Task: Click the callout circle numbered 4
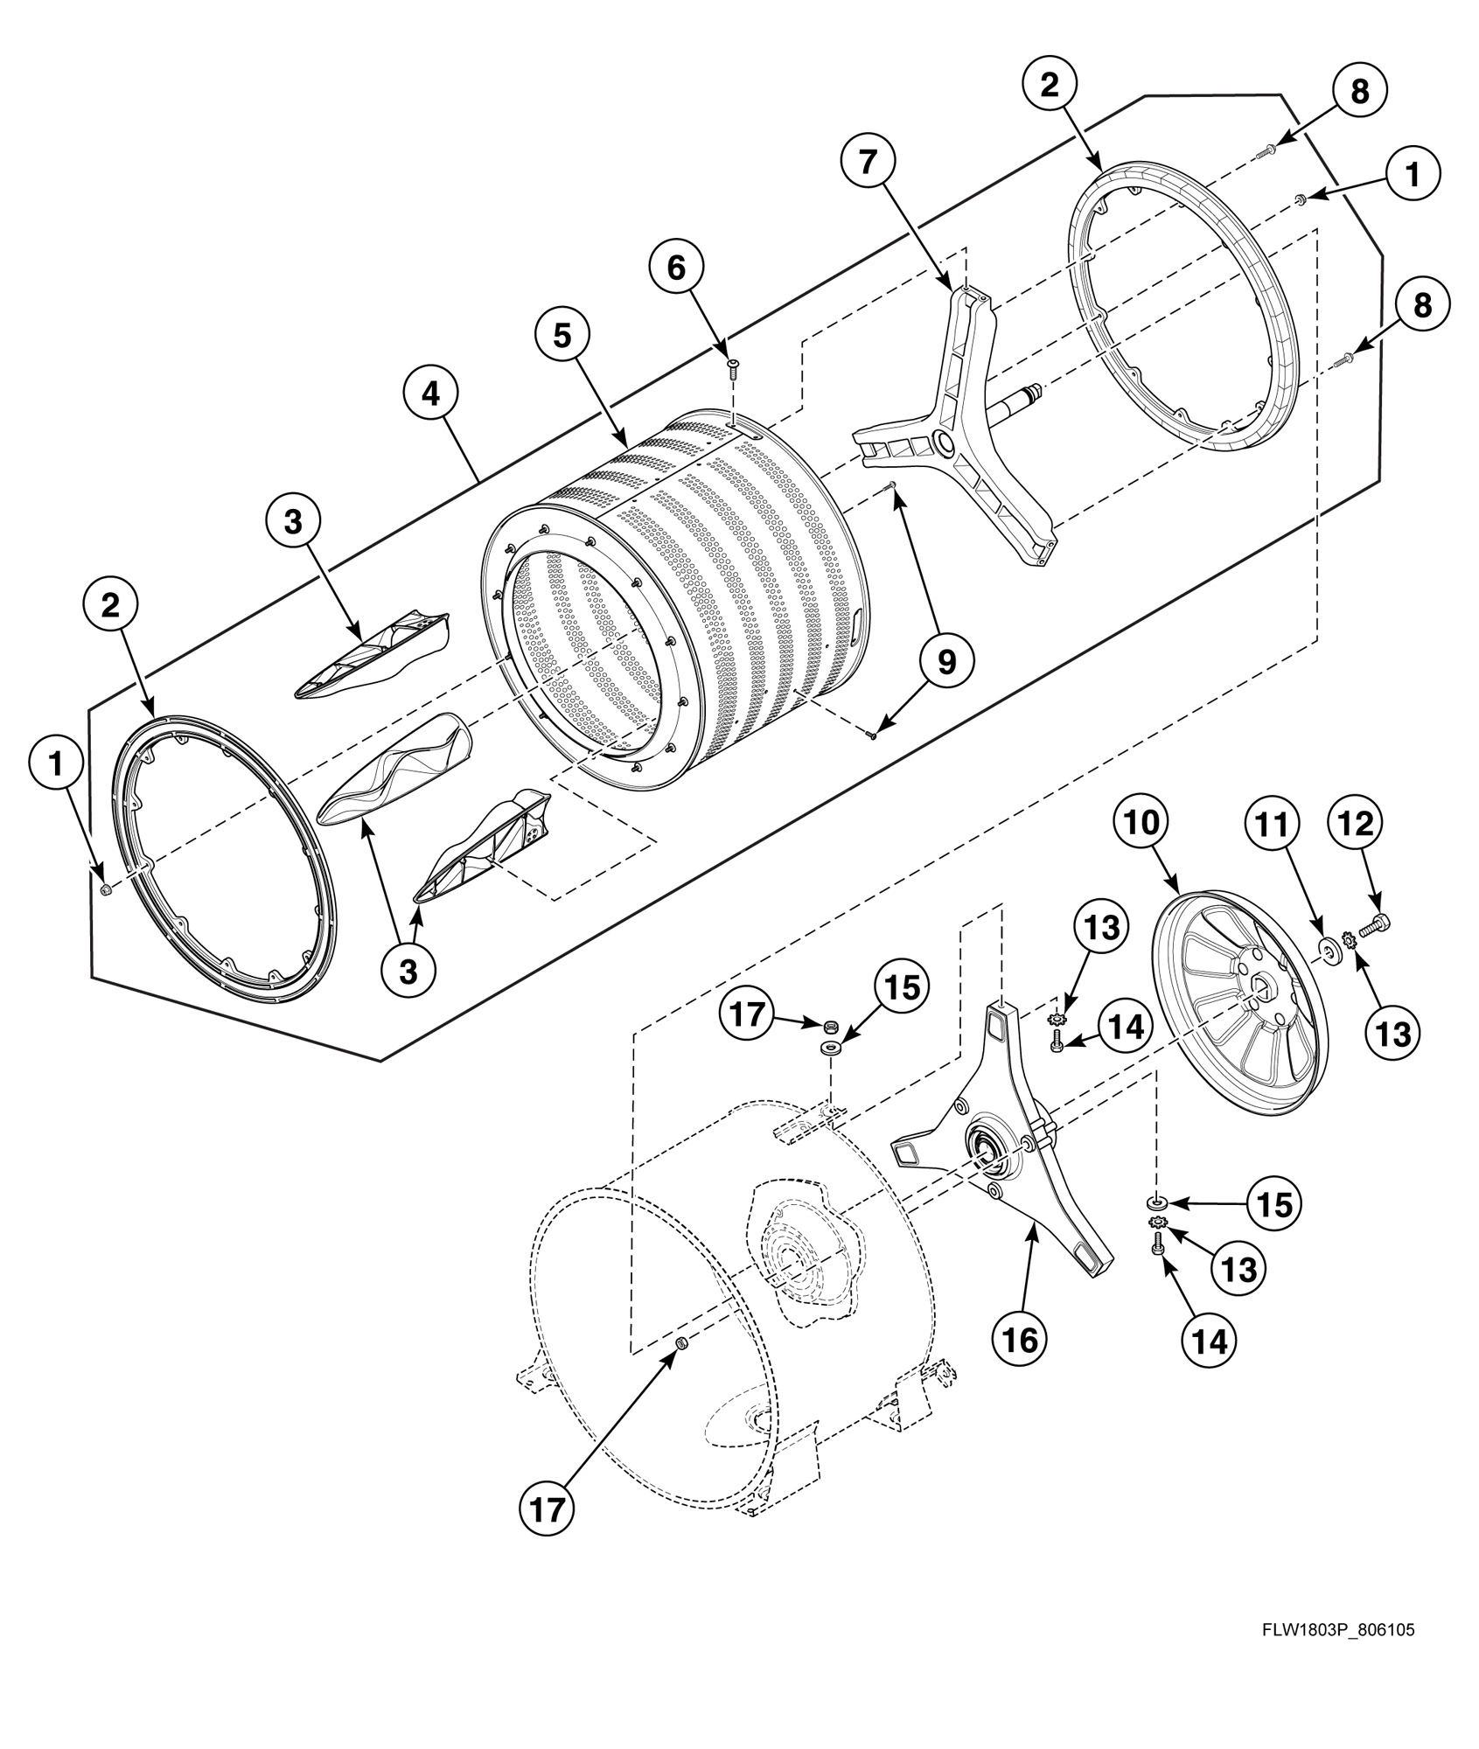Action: [x=430, y=394]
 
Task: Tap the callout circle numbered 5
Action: [x=561, y=334]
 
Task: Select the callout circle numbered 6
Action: [x=676, y=268]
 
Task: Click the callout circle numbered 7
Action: [x=867, y=164]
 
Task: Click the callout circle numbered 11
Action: [x=1273, y=822]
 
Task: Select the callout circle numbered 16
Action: [x=1020, y=1338]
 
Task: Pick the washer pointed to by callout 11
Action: [x=1329, y=949]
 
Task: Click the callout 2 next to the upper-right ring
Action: [x=1049, y=84]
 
